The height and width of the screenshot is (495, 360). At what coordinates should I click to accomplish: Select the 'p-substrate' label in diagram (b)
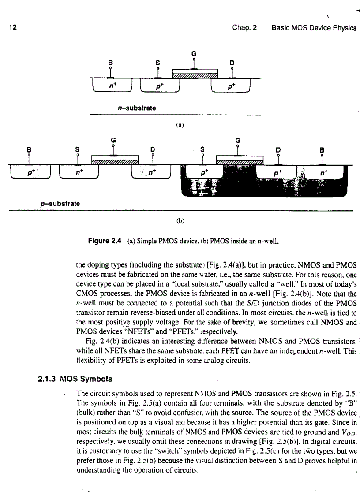[58, 204]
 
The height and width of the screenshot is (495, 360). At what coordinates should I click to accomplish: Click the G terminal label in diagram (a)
[194, 54]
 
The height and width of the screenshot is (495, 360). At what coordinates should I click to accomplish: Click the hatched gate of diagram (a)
[195, 76]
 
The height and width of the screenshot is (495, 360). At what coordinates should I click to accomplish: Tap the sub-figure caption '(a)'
[180, 124]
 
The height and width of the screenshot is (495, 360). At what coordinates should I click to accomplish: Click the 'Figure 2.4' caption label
[104, 241]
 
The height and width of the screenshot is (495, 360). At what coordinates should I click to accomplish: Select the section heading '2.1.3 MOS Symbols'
[74, 379]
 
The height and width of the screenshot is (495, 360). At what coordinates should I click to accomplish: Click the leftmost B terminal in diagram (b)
[29, 149]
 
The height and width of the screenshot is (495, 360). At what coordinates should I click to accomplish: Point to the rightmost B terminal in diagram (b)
[322, 149]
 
